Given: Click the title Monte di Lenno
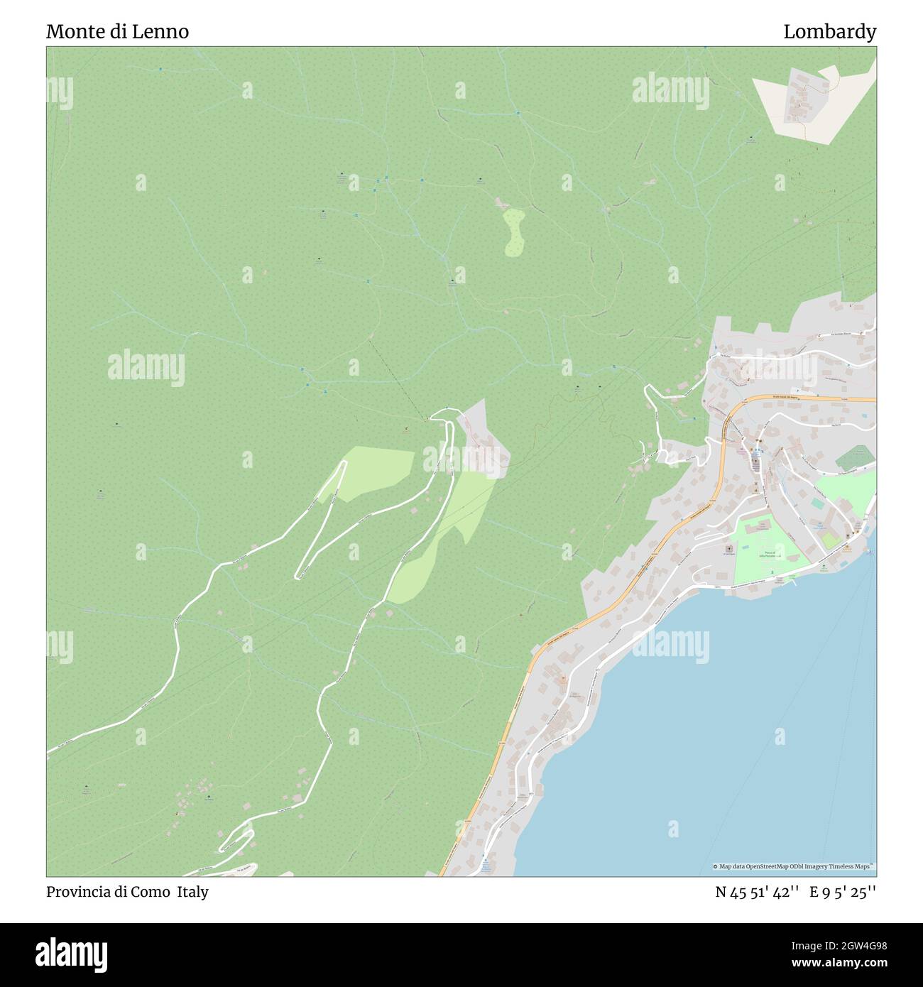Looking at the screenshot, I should (x=117, y=32).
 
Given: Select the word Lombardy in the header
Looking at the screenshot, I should (x=829, y=32).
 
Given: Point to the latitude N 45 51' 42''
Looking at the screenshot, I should (x=757, y=892).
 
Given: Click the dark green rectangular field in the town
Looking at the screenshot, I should (x=854, y=458).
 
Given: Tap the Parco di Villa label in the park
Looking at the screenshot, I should (x=771, y=554).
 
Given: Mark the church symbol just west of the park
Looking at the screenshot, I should (x=728, y=549).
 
